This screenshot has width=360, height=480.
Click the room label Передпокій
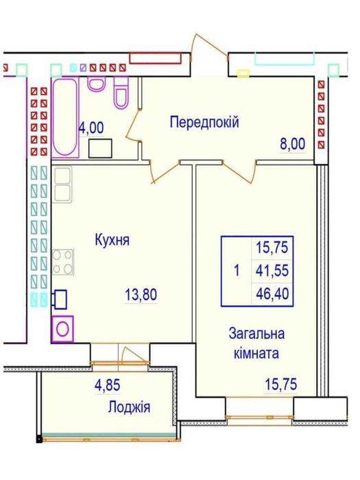pos(204,122)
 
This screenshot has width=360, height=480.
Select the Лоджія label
pos(130,407)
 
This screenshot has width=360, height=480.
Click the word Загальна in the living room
pos(256,334)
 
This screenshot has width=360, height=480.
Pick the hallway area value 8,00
pos(292,145)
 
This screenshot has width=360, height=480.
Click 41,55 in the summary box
pos(272,270)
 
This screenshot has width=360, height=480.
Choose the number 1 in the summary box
pos(236,270)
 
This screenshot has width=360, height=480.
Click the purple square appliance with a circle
pos(64,328)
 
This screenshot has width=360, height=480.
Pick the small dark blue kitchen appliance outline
pos(60,298)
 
